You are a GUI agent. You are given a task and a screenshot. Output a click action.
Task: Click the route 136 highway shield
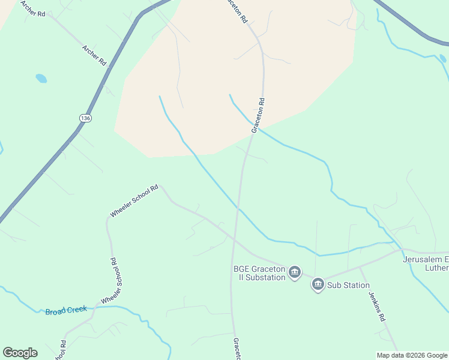click(x=86, y=118)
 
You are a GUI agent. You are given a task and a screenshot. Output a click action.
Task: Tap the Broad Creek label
click(x=66, y=311)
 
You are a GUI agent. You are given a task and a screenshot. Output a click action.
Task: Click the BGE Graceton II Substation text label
click(x=259, y=273)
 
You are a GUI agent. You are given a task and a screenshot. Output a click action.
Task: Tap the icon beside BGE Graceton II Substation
click(x=295, y=273)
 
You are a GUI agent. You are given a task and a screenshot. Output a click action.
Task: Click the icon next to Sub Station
click(x=318, y=284)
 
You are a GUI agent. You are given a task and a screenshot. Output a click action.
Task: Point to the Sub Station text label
click(x=348, y=286)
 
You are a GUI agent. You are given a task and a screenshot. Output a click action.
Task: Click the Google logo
click(x=20, y=352)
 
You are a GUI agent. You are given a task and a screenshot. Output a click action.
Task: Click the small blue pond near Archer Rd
click(x=41, y=78)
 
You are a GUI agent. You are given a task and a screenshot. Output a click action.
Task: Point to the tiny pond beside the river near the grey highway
click(x=443, y=59)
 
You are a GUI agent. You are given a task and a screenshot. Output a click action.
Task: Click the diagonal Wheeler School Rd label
click(x=134, y=201)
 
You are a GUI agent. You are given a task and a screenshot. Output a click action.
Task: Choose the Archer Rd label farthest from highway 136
click(x=33, y=8)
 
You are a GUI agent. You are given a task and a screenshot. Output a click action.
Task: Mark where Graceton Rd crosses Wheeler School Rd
click(x=235, y=242)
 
